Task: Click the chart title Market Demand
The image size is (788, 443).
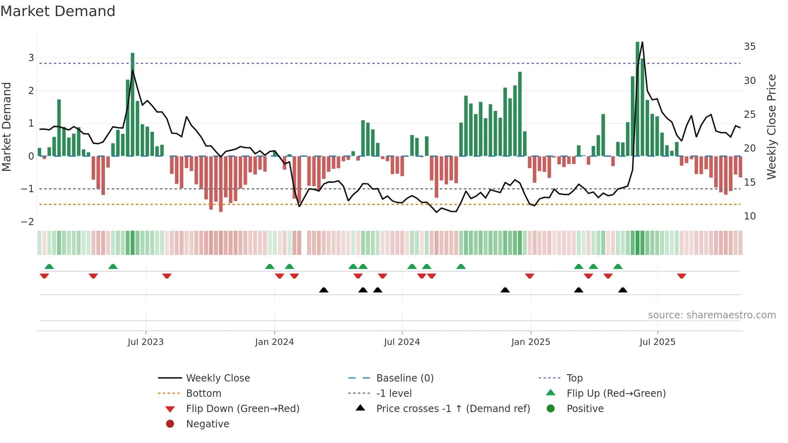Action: (58, 11)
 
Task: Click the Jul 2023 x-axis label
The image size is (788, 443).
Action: (146, 342)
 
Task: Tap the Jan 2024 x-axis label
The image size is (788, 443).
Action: (274, 342)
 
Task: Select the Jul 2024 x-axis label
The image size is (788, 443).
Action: (402, 342)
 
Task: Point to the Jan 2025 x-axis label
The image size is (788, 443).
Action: (530, 342)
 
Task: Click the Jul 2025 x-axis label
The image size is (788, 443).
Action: (657, 342)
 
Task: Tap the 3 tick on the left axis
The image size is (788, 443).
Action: (31, 58)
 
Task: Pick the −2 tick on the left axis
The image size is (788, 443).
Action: (27, 222)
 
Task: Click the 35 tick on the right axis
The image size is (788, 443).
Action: (749, 47)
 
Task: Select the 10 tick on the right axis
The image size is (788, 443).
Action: (749, 216)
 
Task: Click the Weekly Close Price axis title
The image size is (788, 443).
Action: (771, 127)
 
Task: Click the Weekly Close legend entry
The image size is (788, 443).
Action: (218, 378)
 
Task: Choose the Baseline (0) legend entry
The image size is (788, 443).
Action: (404, 378)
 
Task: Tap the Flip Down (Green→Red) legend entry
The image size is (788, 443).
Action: (242, 409)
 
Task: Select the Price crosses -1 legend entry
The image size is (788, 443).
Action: (453, 409)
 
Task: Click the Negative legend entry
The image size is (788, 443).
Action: (207, 424)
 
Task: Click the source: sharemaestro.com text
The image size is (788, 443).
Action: (712, 315)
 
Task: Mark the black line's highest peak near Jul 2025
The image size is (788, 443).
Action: (642, 42)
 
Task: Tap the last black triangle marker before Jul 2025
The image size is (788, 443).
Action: (622, 290)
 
